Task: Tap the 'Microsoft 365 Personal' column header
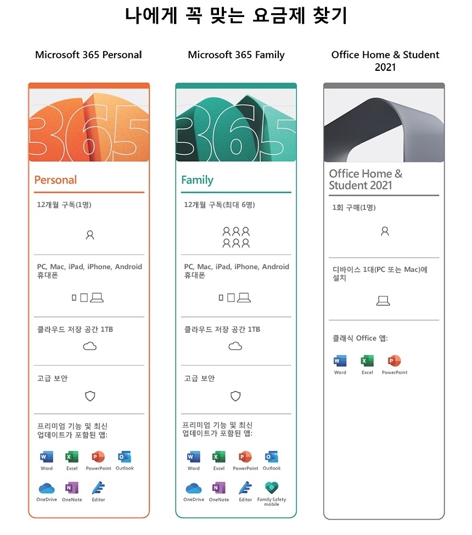pyautogui.click(x=88, y=55)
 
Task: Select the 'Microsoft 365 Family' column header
pyautogui.click(x=236, y=55)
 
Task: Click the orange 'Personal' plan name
pyautogui.click(x=55, y=180)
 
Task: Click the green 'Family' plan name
pyautogui.click(x=197, y=180)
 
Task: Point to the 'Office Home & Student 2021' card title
pyautogui.click(x=366, y=180)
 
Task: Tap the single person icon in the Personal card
pyautogui.click(x=90, y=235)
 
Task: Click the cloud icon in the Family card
pyautogui.click(x=235, y=346)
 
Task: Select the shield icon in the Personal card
pyautogui.click(x=90, y=395)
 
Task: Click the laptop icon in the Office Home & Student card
pyautogui.click(x=383, y=300)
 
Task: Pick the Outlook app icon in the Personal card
pyautogui.click(x=124, y=457)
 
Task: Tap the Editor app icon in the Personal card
pyautogui.click(x=98, y=488)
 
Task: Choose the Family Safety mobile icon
pyautogui.click(x=272, y=488)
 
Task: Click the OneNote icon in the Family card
pyautogui.click(x=218, y=488)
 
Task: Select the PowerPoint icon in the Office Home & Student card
pyautogui.click(x=394, y=361)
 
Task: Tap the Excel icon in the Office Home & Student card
pyautogui.click(x=367, y=361)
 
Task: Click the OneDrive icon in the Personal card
pyautogui.click(x=47, y=488)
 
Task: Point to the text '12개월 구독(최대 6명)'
pyautogui.click(x=220, y=205)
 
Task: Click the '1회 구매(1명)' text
pyautogui.click(x=354, y=208)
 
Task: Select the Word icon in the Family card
pyautogui.click(x=193, y=457)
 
